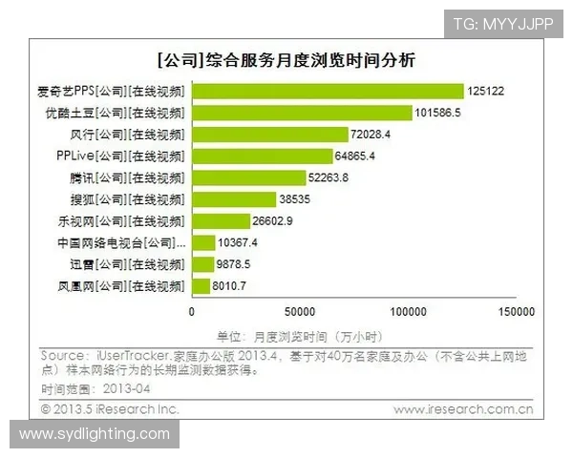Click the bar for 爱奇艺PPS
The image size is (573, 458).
pos(328,91)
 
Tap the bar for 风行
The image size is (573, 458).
pos(269,134)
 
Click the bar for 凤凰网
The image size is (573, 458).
pos(201,285)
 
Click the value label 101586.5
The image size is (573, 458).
pos(464,113)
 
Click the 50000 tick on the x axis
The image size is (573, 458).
pos(300,311)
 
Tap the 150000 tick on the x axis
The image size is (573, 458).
pos(517,311)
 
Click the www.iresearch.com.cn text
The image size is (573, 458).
pos(464,408)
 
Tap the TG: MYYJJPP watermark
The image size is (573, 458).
pos(502,23)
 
